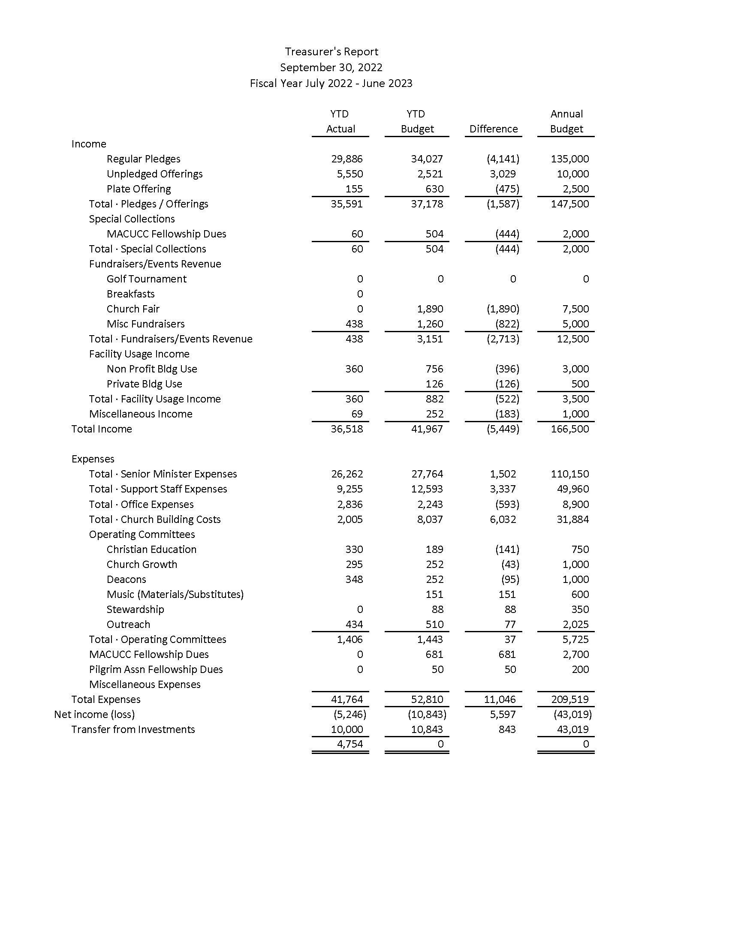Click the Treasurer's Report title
tap(331, 52)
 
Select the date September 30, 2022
tap(331, 67)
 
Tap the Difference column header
tap(493, 129)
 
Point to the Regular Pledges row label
tap(143, 159)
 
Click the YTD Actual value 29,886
tap(347, 159)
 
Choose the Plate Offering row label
tap(139, 189)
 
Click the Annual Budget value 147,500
tap(569, 204)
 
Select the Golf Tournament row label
tap(146, 279)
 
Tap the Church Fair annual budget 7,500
tap(575, 309)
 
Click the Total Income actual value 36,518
tap(347, 429)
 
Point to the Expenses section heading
tap(93, 459)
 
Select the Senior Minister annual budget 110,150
tap(569, 474)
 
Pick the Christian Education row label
tap(151, 549)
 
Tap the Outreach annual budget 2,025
tap(575, 625)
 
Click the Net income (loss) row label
tap(94, 715)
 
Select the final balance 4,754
tap(350, 744)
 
